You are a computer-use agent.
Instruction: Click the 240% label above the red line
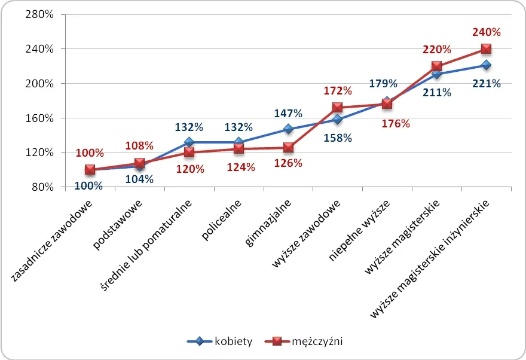tap(486, 32)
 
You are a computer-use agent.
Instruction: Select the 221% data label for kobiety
tap(486, 84)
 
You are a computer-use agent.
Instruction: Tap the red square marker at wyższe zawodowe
tap(338, 108)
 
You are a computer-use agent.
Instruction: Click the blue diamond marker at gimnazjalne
tap(288, 129)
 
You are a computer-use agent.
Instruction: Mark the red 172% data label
tap(338, 92)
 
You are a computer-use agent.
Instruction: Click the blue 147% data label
tap(288, 113)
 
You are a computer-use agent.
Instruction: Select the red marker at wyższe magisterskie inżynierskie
tap(486, 48)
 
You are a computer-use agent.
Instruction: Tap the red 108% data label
tap(139, 145)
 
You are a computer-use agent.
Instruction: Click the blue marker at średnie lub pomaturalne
tap(189, 142)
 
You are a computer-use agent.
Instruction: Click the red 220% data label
tap(437, 50)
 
